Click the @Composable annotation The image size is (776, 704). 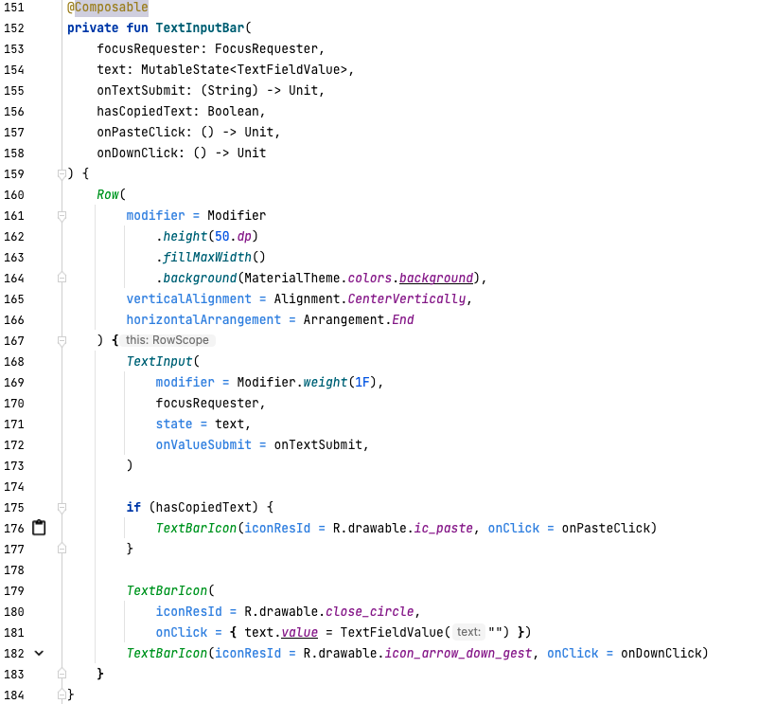108,8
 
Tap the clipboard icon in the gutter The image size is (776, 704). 39,528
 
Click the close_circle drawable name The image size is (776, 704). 371,611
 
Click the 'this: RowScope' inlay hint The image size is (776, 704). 166,340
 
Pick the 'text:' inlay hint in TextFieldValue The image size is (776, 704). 468,632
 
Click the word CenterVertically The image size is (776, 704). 408,298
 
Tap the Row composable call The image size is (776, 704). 108,194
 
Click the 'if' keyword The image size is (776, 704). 133,507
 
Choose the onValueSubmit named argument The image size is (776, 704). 203,444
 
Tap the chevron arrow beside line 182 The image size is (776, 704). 39,653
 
